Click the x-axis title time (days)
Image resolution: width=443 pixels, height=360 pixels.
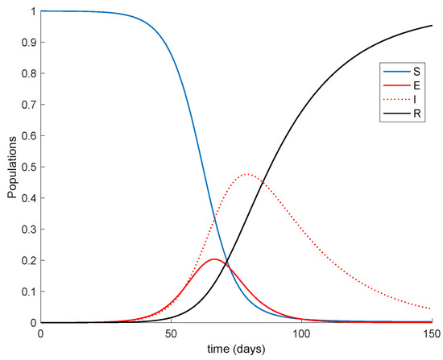point(236,350)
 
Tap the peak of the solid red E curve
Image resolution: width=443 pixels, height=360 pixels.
point(214,259)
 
